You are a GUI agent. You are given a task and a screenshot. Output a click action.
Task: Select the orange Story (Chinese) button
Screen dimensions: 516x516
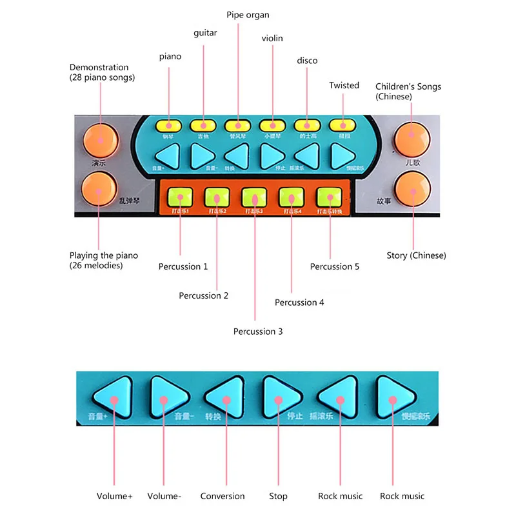pos(412,188)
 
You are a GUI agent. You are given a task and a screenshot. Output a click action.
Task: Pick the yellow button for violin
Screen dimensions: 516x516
pos(271,125)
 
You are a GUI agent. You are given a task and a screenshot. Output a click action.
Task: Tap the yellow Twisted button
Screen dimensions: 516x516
pos(341,125)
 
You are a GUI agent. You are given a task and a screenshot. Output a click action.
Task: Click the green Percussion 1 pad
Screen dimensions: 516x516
pos(180,196)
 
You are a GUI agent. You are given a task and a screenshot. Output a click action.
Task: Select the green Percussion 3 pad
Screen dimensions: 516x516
pos(254,196)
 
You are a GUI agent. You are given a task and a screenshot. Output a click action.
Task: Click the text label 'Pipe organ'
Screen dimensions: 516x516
pos(248,15)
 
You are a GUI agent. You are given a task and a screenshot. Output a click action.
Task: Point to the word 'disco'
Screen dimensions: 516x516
pos(307,61)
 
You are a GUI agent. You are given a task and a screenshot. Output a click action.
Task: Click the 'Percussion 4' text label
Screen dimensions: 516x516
pos(295,303)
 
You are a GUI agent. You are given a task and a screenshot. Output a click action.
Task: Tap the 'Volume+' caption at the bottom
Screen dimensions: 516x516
pos(114,496)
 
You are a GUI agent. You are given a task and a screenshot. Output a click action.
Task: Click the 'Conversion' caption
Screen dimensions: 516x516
pos(223,496)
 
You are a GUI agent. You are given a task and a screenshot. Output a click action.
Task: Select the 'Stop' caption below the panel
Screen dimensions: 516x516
pos(278,496)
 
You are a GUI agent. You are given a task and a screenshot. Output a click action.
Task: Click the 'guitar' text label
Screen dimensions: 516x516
pos(205,33)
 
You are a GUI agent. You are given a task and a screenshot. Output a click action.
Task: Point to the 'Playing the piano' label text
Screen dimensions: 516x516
pos(104,256)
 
